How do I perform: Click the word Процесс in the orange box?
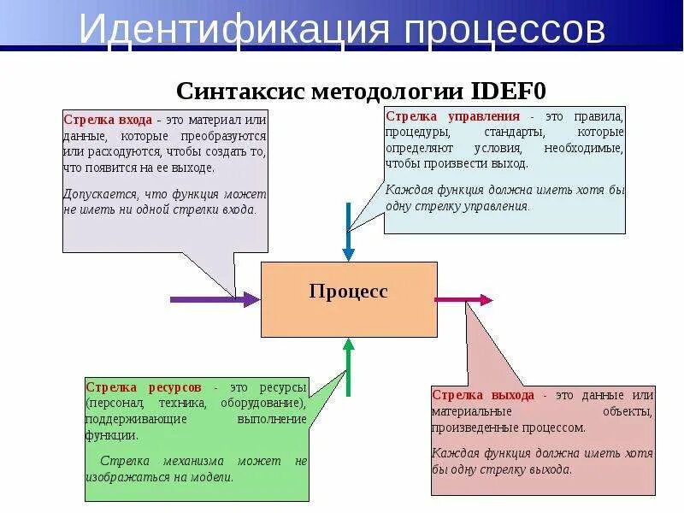pos(348,292)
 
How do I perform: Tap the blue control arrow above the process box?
pos(348,231)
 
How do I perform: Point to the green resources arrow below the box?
pos(348,368)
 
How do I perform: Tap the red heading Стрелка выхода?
pos(483,395)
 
